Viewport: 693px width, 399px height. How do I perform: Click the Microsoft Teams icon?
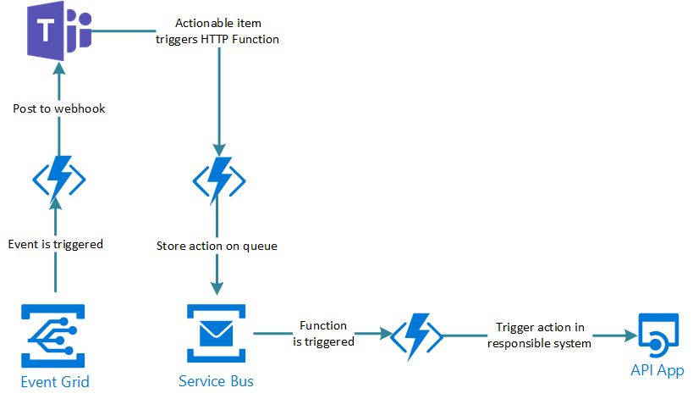58,33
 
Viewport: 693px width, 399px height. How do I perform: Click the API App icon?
657,336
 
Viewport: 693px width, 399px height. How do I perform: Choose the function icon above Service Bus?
219,179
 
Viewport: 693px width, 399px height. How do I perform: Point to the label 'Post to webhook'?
59,108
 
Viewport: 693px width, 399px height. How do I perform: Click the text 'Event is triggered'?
56,244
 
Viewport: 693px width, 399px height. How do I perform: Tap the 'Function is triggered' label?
323,334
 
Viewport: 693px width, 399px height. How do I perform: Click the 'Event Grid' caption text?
55,381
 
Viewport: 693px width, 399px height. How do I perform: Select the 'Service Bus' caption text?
216,381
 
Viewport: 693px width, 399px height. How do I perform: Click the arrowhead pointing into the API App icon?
630,336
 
